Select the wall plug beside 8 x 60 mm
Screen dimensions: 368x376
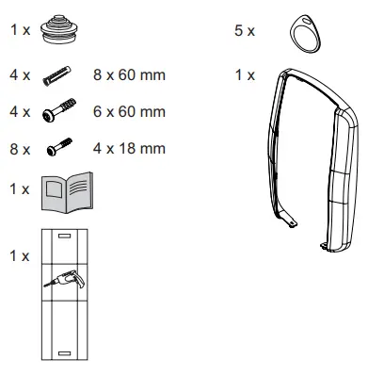(58, 74)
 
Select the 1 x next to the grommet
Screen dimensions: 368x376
(19, 30)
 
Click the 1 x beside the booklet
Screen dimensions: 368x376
(19, 189)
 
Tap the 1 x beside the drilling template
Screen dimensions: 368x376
(19, 255)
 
